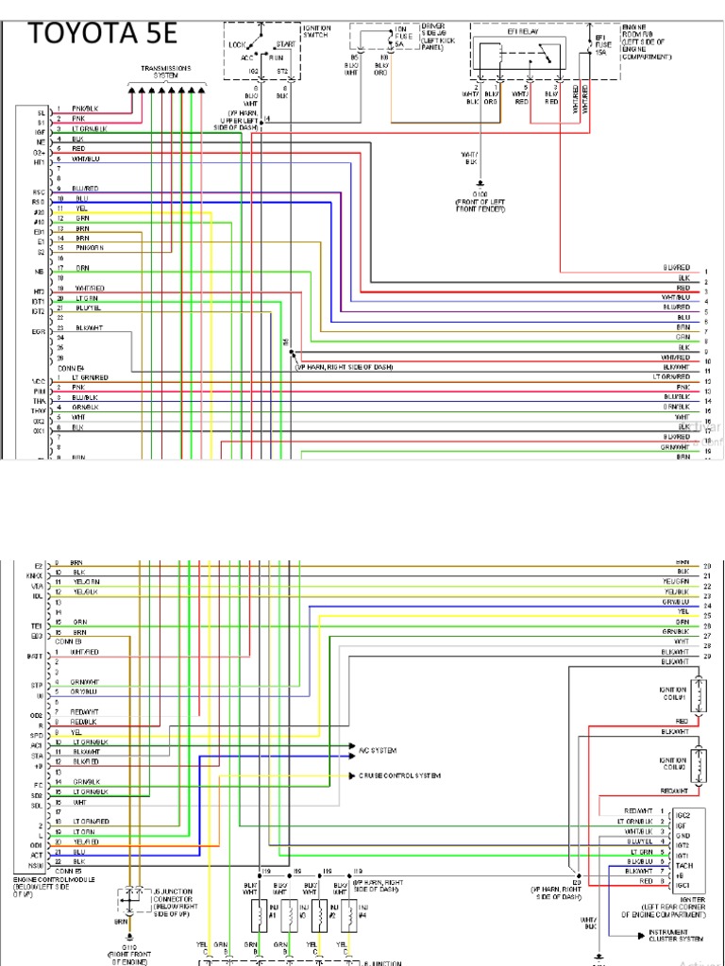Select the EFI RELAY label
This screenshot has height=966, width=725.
[520, 32]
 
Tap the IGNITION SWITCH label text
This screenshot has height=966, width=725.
[316, 33]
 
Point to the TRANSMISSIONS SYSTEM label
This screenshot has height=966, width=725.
[165, 72]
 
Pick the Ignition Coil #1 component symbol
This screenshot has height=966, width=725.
[699, 694]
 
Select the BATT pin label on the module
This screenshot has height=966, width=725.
[35, 654]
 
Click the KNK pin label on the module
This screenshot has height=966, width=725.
[36, 573]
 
